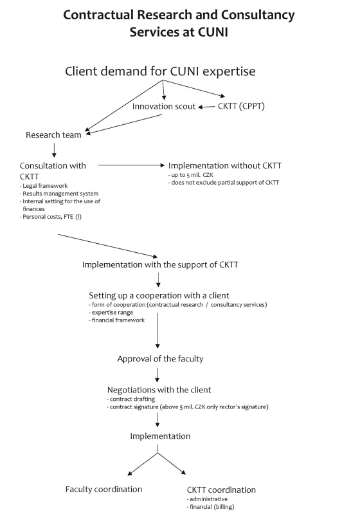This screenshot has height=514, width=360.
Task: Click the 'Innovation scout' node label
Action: pos(164,106)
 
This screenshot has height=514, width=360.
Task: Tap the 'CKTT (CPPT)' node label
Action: pos(241,106)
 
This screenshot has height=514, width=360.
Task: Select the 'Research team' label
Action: pos(53,134)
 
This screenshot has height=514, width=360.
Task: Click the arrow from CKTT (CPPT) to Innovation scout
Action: pos(207,107)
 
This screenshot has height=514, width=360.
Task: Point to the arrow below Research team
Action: pos(54,150)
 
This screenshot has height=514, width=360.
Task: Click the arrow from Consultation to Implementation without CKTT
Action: pos(131,165)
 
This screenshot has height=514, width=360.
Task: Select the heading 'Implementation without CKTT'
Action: pos(225,165)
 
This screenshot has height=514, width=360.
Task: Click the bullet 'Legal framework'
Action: pos(44,186)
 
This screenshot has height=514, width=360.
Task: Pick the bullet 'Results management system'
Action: pos(59,194)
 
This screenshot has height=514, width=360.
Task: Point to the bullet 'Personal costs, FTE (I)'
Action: pos(50,217)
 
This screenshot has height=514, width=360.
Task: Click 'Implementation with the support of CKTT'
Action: pos(160,264)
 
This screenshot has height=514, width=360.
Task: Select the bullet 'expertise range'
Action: pos(111,313)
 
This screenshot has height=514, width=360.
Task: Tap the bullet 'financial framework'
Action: pos(116,320)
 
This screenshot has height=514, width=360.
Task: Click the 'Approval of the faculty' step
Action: pos(160,358)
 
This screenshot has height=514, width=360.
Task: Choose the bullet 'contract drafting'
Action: pos(131,399)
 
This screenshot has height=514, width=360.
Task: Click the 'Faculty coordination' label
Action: pos(104,489)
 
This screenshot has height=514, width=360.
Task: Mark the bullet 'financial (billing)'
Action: pos(211,507)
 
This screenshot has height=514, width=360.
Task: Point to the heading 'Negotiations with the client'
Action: pos(159,390)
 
